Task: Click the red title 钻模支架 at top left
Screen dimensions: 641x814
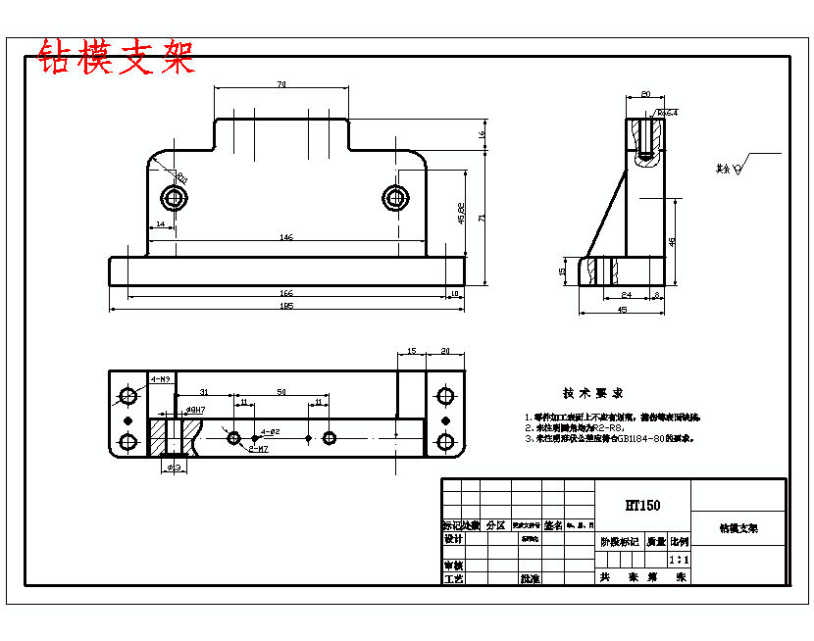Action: coord(116,58)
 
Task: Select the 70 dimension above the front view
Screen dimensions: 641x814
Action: coord(281,85)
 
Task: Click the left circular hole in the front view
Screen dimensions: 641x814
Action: coord(176,199)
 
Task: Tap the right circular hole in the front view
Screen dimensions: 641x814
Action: coord(395,198)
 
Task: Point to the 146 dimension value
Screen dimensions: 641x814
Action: coord(286,237)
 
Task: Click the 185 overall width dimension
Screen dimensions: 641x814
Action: coord(286,306)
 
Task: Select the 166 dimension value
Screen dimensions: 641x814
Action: coord(286,292)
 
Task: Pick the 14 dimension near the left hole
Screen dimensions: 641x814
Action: coord(160,224)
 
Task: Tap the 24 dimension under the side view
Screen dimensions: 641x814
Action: coord(627,294)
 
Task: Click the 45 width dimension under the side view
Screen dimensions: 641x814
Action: coord(622,310)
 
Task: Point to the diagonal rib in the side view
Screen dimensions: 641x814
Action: coord(608,211)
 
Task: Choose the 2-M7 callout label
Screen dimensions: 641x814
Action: coord(259,448)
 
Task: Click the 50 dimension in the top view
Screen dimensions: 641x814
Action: coord(281,392)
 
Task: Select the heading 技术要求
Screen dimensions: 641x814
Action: coord(592,393)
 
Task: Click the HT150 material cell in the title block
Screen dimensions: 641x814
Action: coord(642,506)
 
